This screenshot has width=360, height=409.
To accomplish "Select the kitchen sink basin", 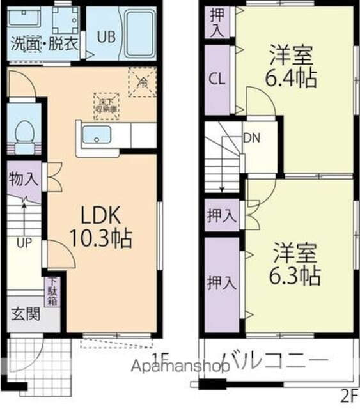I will click(96, 135).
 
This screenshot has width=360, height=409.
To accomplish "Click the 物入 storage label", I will click(23, 179).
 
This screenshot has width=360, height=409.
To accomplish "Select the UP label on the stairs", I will click(24, 243).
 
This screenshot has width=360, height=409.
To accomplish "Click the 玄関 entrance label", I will click(25, 314).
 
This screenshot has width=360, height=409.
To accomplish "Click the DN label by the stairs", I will click(251, 136).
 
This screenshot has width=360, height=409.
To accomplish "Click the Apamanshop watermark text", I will click(182, 367).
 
